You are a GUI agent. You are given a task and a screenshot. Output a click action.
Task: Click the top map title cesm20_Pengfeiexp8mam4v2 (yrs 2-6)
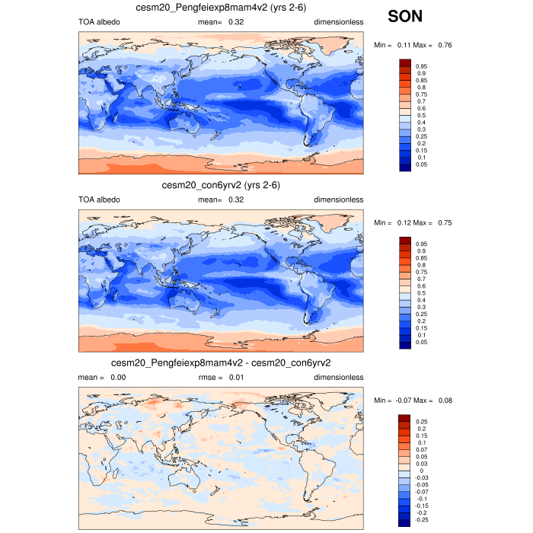(x=221, y=8)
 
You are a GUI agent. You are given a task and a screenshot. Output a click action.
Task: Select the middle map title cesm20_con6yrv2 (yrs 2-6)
(x=221, y=185)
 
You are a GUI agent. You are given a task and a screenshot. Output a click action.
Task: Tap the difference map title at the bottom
(x=221, y=362)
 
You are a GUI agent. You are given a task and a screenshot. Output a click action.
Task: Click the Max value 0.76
(x=445, y=46)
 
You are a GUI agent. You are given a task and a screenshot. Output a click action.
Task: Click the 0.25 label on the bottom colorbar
(x=421, y=421)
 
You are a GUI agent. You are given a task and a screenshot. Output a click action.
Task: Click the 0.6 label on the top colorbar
(x=419, y=108)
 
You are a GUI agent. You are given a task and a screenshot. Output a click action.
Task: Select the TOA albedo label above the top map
(x=99, y=22)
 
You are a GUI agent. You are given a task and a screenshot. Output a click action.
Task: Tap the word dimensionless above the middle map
(x=339, y=199)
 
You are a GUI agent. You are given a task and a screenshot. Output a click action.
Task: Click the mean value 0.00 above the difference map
(x=116, y=377)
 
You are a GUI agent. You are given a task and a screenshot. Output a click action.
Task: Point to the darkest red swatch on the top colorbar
(x=405, y=62)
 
